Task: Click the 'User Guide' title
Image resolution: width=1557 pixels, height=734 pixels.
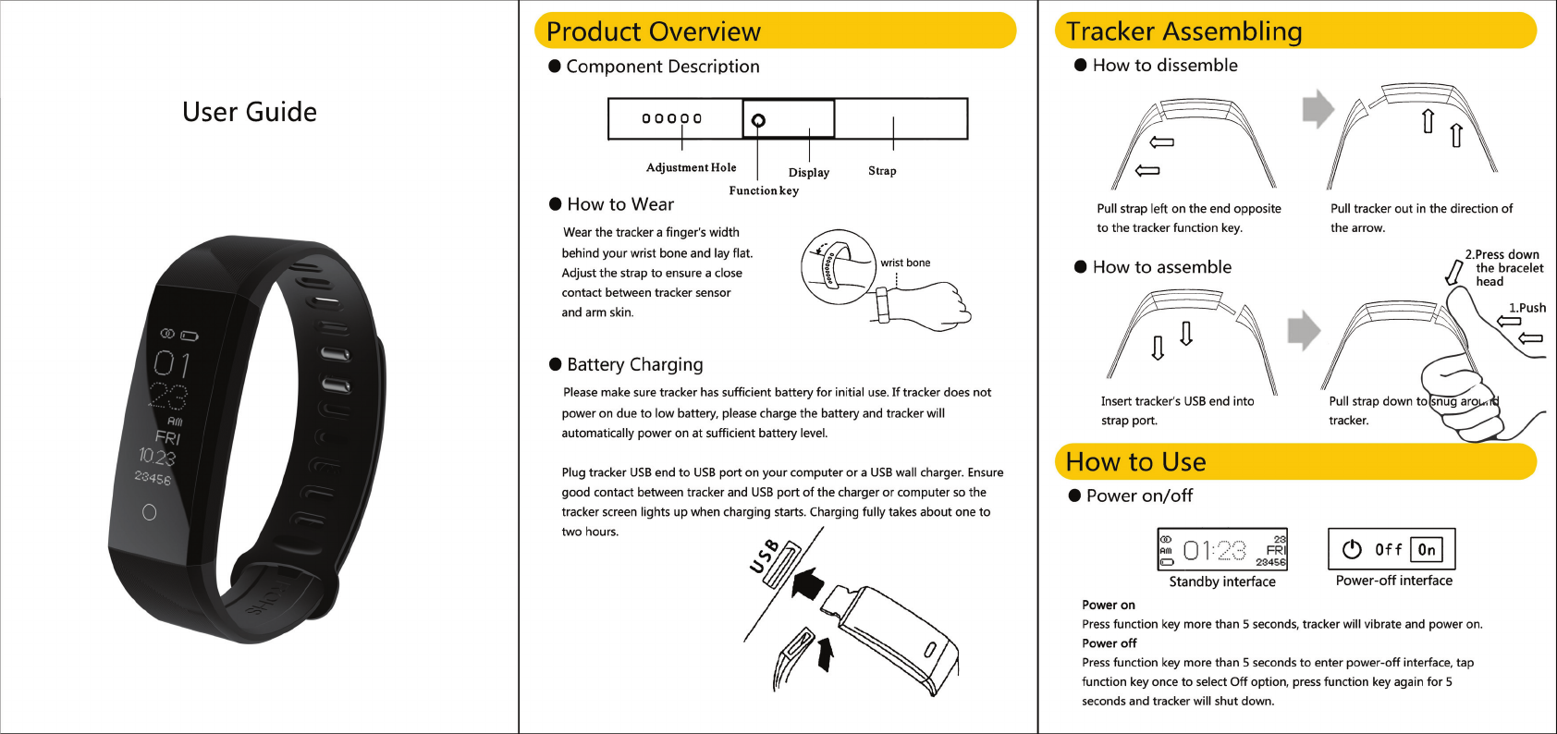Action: (250, 112)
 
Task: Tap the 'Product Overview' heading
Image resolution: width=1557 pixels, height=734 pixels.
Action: (653, 31)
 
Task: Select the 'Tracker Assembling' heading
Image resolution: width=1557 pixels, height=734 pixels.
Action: (1183, 31)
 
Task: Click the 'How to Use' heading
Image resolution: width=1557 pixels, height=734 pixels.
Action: (1135, 461)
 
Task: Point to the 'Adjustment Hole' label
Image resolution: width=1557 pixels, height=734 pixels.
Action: (691, 167)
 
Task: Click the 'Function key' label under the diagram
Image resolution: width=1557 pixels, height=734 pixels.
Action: (763, 190)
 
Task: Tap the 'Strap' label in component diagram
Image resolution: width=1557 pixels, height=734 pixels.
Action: (882, 171)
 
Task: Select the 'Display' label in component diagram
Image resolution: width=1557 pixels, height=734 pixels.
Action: (808, 173)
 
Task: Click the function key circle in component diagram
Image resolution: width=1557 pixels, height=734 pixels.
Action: (758, 120)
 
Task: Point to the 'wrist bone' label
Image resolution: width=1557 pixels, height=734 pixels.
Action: (905, 263)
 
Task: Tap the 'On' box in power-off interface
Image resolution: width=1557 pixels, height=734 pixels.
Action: (1427, 550)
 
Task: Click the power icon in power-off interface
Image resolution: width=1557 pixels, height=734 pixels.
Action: (1352, 549)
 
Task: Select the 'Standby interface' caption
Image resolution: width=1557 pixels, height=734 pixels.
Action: (1221, 581)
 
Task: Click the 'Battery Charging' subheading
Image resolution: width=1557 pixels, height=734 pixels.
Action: (634, 364)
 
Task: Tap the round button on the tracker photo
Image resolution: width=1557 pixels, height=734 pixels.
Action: (150, 512)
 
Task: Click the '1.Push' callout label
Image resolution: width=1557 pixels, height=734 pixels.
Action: (1526, 308)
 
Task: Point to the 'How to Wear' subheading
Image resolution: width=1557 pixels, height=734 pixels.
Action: (619, 204)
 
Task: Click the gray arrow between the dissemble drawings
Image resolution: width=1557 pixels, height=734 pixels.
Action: (1318, 109)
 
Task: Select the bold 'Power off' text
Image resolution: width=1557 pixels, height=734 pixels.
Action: (1109, 643)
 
